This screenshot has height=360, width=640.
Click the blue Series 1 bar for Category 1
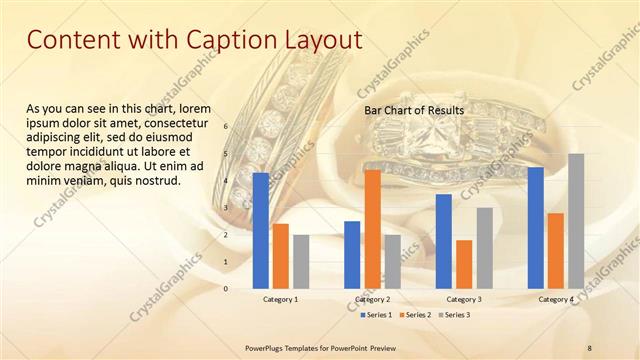click(261, 230)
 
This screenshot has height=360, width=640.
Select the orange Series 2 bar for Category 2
click(372, 229)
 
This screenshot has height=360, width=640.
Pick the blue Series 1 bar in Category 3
click(444, 241)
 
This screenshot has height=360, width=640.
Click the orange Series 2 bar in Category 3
click(464, 264)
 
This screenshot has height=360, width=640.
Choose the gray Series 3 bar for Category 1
click(301, 261)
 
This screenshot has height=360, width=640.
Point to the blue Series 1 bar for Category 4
click(535, 227)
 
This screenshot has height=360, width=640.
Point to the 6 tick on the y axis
click(226, 126)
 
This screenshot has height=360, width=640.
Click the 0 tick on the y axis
click(226, 288)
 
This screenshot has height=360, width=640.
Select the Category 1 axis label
click(280, 299)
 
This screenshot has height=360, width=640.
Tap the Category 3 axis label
click(464, 299)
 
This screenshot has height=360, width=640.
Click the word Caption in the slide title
click(224, 40)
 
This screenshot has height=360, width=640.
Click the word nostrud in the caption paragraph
click(155, 181)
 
